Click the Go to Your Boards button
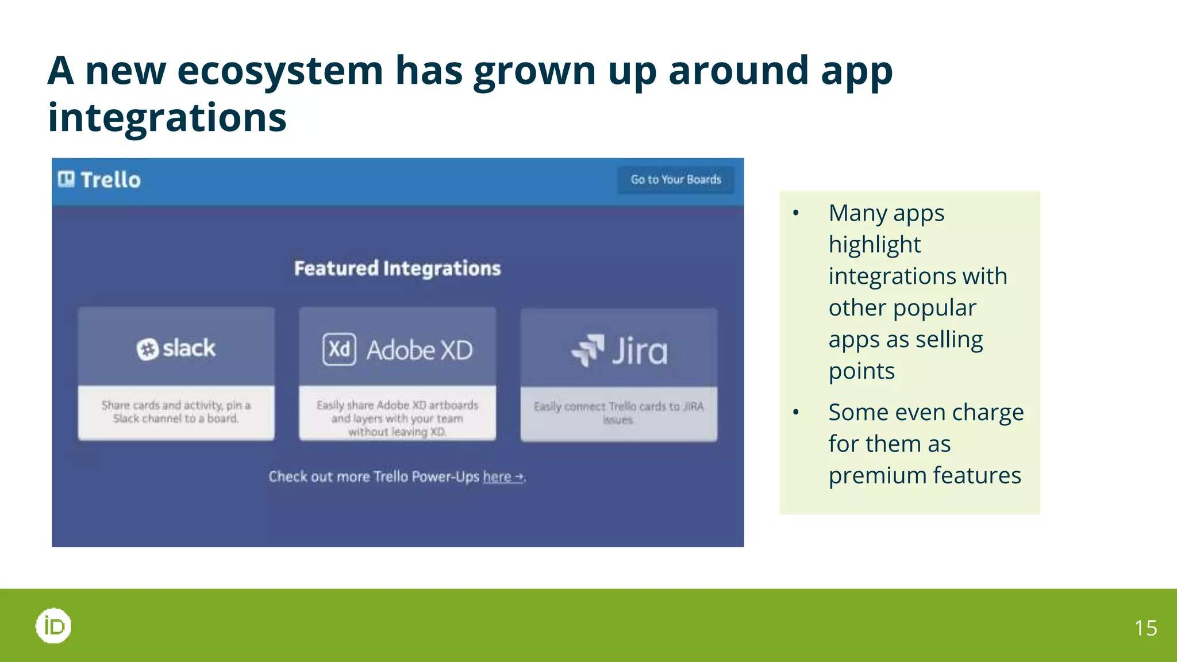[675, 180]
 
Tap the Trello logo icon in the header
[66, 179]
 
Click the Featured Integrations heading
[397, 268]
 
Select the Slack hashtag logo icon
[147, 349]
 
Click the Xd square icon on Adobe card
[339, 349]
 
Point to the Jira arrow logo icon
[588, 349]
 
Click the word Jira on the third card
[640, 351]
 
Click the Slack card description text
[176, 412]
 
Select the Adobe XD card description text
[397, 418]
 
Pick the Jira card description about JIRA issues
[618, 413]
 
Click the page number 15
[1145, 628]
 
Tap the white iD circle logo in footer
[53, 626]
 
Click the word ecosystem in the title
[280, 71]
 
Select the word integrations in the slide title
[167, 118]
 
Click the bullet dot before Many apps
[795, 213]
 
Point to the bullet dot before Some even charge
[795, 412]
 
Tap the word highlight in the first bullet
[874, 245]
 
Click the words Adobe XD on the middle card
[420, 351]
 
